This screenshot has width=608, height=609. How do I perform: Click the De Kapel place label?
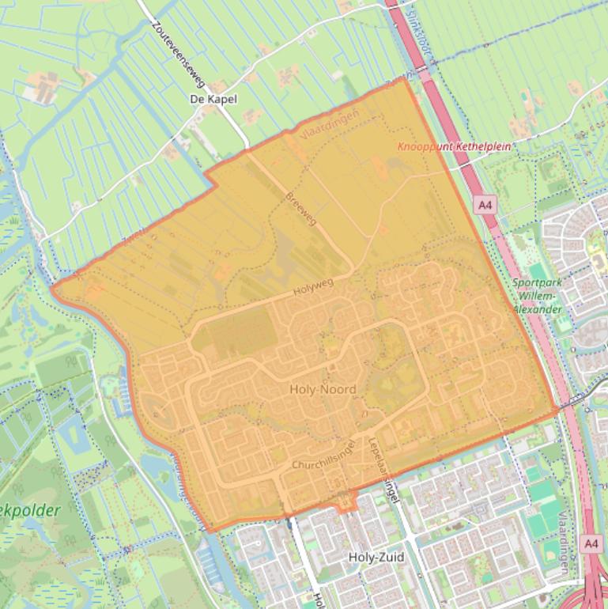coord(213,100)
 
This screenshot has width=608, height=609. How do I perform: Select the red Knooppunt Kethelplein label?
coord(453,146)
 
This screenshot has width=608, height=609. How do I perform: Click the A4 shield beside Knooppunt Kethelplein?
coord(485,206)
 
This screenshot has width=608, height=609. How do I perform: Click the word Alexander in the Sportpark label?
coord(537,309)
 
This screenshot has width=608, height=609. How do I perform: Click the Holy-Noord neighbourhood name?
coord(323,389)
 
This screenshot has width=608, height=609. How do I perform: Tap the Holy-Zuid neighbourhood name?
coord(376,558)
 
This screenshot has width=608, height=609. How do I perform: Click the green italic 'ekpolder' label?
coord(32,511)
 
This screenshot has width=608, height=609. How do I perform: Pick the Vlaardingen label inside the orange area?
coord(330,126)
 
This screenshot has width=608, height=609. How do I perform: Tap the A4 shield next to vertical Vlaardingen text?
coord(591,543)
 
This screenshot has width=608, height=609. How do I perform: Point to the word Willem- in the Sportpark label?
coord(534,296)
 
